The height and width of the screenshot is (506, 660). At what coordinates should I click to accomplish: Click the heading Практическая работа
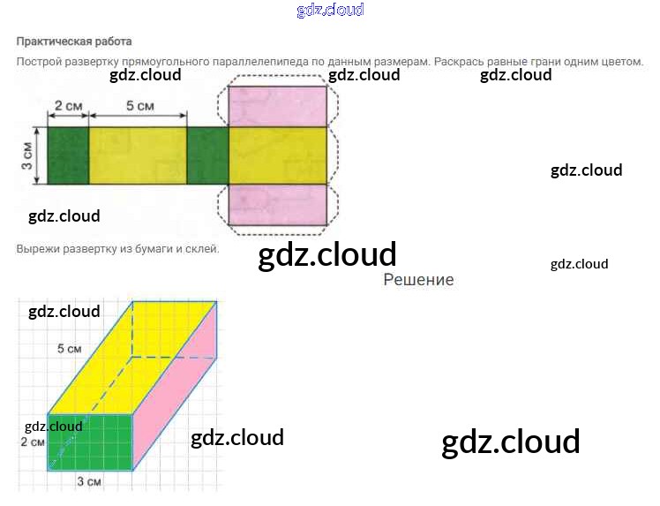point(73,41)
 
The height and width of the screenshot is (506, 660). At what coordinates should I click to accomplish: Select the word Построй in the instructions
point(39,62)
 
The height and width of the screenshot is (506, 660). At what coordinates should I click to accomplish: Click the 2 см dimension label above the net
point(68,106)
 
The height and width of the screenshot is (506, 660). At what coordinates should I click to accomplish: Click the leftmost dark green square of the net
point(68,155)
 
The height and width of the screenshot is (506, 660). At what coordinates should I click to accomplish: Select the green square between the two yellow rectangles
point(207,155)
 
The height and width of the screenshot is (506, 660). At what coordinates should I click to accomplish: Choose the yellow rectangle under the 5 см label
point(138,155)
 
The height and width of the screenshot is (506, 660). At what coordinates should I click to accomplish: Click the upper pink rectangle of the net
point(277,102)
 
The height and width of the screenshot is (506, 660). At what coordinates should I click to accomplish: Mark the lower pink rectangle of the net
point(277,204)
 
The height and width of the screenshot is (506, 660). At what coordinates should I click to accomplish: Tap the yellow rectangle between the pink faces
point(277,155)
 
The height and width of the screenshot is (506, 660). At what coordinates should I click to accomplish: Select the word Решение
point(419,280)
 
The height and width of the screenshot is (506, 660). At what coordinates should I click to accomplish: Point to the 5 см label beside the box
point(69,349)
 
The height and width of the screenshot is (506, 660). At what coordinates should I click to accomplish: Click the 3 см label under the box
point(87,482)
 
